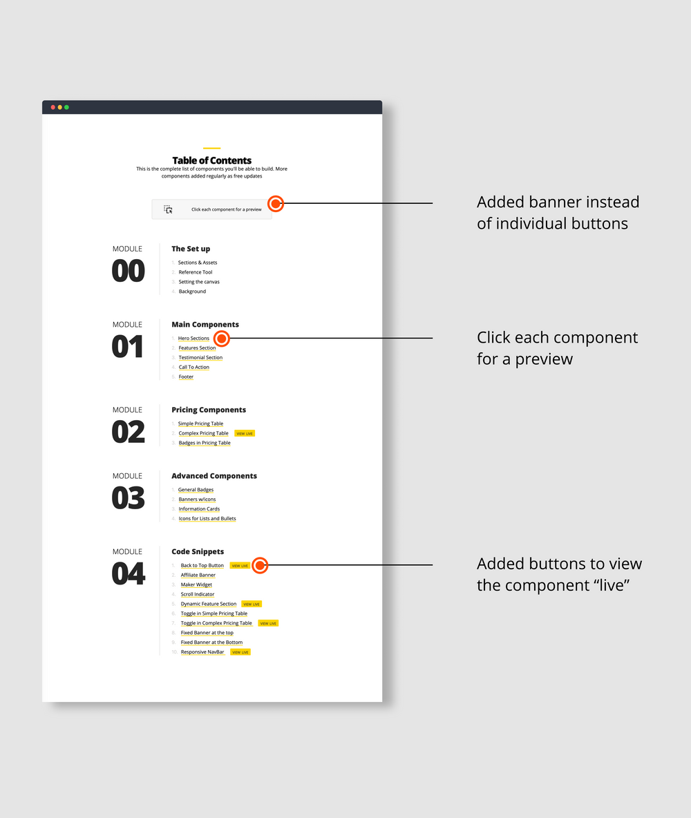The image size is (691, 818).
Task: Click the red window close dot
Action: (53, 107)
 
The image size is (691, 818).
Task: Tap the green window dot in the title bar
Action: (66, 107)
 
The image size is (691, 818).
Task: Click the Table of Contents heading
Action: (212, 160)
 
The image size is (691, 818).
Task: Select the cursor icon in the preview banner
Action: (168, 209)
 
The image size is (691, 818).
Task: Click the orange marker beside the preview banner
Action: (275, 203)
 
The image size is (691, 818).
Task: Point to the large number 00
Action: (129, 272)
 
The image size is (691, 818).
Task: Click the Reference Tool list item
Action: (196, 272)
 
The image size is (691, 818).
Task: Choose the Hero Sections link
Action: (193, 339)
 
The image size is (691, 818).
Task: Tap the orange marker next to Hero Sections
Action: (221, 339)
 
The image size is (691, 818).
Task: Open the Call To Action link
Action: (194, 367)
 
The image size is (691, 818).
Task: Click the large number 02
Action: (129, 432)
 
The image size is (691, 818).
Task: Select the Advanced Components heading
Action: (214, 476)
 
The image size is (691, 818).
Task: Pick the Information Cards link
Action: (199, 509)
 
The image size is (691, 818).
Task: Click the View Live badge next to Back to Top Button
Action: (240, 566)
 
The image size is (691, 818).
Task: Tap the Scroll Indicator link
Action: (198, 594)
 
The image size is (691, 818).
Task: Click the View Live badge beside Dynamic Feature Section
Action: (252, 604)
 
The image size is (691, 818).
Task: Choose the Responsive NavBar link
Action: (202, 652)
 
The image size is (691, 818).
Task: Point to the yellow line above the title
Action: (212, 148)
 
